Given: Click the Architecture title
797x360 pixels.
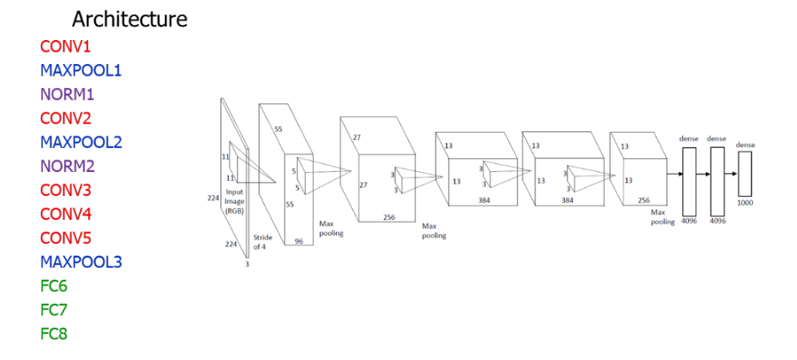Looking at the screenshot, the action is tap(130, 19).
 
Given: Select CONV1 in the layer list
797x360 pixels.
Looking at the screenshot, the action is tap(66, 46).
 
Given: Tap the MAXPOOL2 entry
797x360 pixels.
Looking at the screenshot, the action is tap(82, 142).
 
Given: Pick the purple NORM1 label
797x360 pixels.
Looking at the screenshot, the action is tap(67, 94).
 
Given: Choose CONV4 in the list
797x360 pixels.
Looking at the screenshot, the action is tap(66, 214).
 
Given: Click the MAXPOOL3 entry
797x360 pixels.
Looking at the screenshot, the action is tap(82, 262).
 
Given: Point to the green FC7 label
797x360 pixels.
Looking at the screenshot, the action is tap(54, 310).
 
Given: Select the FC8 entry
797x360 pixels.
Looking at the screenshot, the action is tap(54, 334).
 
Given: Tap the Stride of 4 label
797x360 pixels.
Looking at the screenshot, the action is tap(262, 242).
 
